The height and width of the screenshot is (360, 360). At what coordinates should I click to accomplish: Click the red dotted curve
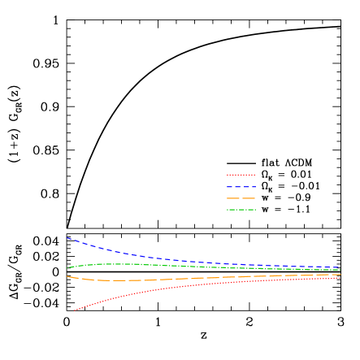[130, 294]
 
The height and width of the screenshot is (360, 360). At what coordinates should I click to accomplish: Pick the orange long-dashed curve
[130, 280]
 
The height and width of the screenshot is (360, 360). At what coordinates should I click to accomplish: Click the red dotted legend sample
[241, 175]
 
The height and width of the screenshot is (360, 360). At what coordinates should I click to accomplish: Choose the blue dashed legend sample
[241, 187]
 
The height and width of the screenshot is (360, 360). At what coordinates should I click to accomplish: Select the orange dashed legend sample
[241, 198]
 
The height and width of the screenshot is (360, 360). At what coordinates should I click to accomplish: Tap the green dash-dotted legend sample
[241, 210]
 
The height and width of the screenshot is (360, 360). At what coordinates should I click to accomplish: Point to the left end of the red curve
[75, 310]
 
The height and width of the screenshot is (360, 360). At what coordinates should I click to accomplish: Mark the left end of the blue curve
[67, 237]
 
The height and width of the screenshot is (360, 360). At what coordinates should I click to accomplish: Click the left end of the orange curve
[67, 276]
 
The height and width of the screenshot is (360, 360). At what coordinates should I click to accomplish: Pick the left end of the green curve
[67, 267]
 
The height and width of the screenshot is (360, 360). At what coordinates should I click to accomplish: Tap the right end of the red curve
[340, 278]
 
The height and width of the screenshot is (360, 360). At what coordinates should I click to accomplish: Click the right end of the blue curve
[340, 267]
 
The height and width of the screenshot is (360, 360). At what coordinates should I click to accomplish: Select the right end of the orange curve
[340, 275]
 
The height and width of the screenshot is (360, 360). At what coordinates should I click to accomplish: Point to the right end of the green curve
[340, 270]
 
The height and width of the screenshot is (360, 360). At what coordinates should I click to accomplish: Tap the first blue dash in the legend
[230, 187]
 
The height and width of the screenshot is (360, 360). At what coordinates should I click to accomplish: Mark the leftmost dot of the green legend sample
[228, 210]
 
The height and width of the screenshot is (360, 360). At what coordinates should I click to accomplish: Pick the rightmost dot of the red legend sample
[254, 175]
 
